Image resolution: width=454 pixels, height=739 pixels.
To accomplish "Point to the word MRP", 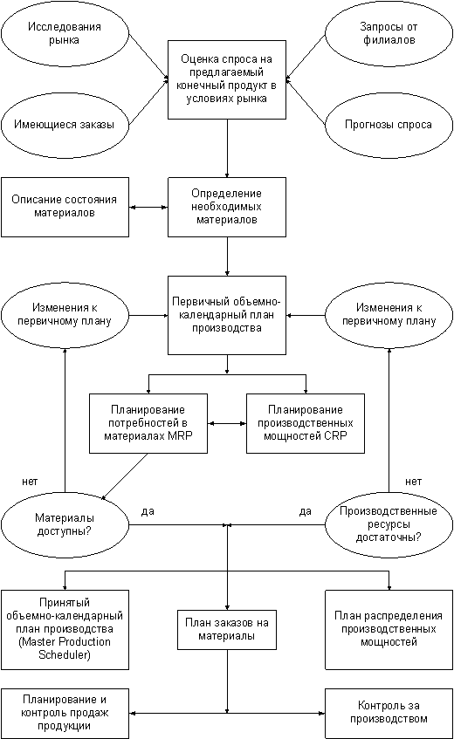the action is [x=180, y=436].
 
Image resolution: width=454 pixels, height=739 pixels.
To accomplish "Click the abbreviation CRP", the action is [x=335, y=436].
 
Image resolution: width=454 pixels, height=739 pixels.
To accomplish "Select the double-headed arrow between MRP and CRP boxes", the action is [x=227, y=423].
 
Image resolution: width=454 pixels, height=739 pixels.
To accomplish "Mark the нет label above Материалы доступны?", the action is [x=30, y=482].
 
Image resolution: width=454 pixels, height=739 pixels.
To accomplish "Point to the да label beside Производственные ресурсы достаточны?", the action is [x=305, y=511].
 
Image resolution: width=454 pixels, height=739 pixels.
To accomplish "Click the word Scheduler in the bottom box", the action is [x=64, y=654].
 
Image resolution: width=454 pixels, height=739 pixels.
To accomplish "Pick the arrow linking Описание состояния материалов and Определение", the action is [x=148, y=207].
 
